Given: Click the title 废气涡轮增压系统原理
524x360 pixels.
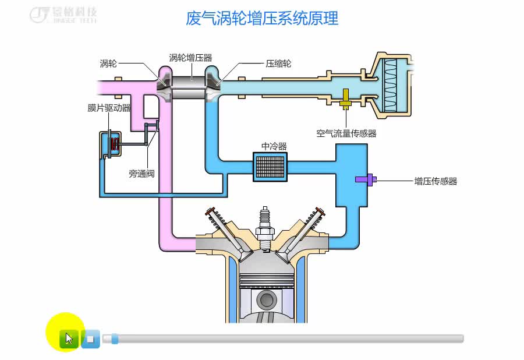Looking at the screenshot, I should (x=262, y=18).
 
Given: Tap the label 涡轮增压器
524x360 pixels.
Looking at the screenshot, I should (x=190, y=58).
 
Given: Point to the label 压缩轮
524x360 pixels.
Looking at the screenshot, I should (x=278, y=63).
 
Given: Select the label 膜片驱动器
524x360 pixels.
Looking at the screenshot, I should (x=109, y=108).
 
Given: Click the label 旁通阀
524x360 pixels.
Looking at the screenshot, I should (x=141, y=173).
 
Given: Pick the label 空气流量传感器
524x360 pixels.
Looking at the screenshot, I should (x=346, y=133).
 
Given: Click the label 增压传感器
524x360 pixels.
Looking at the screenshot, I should (x=436, y=181).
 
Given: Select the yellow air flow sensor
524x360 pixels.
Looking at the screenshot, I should (x=345, y=100).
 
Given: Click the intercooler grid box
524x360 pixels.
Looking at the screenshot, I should (x=270, y=166).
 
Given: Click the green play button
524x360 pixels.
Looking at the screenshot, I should (x=69, y=338).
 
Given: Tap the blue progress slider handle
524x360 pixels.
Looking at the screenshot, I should (x=115, y=338).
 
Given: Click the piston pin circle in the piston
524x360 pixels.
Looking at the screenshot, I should (x=266, y=301).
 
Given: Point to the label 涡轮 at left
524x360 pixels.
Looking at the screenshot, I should (x=108, y=63).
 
